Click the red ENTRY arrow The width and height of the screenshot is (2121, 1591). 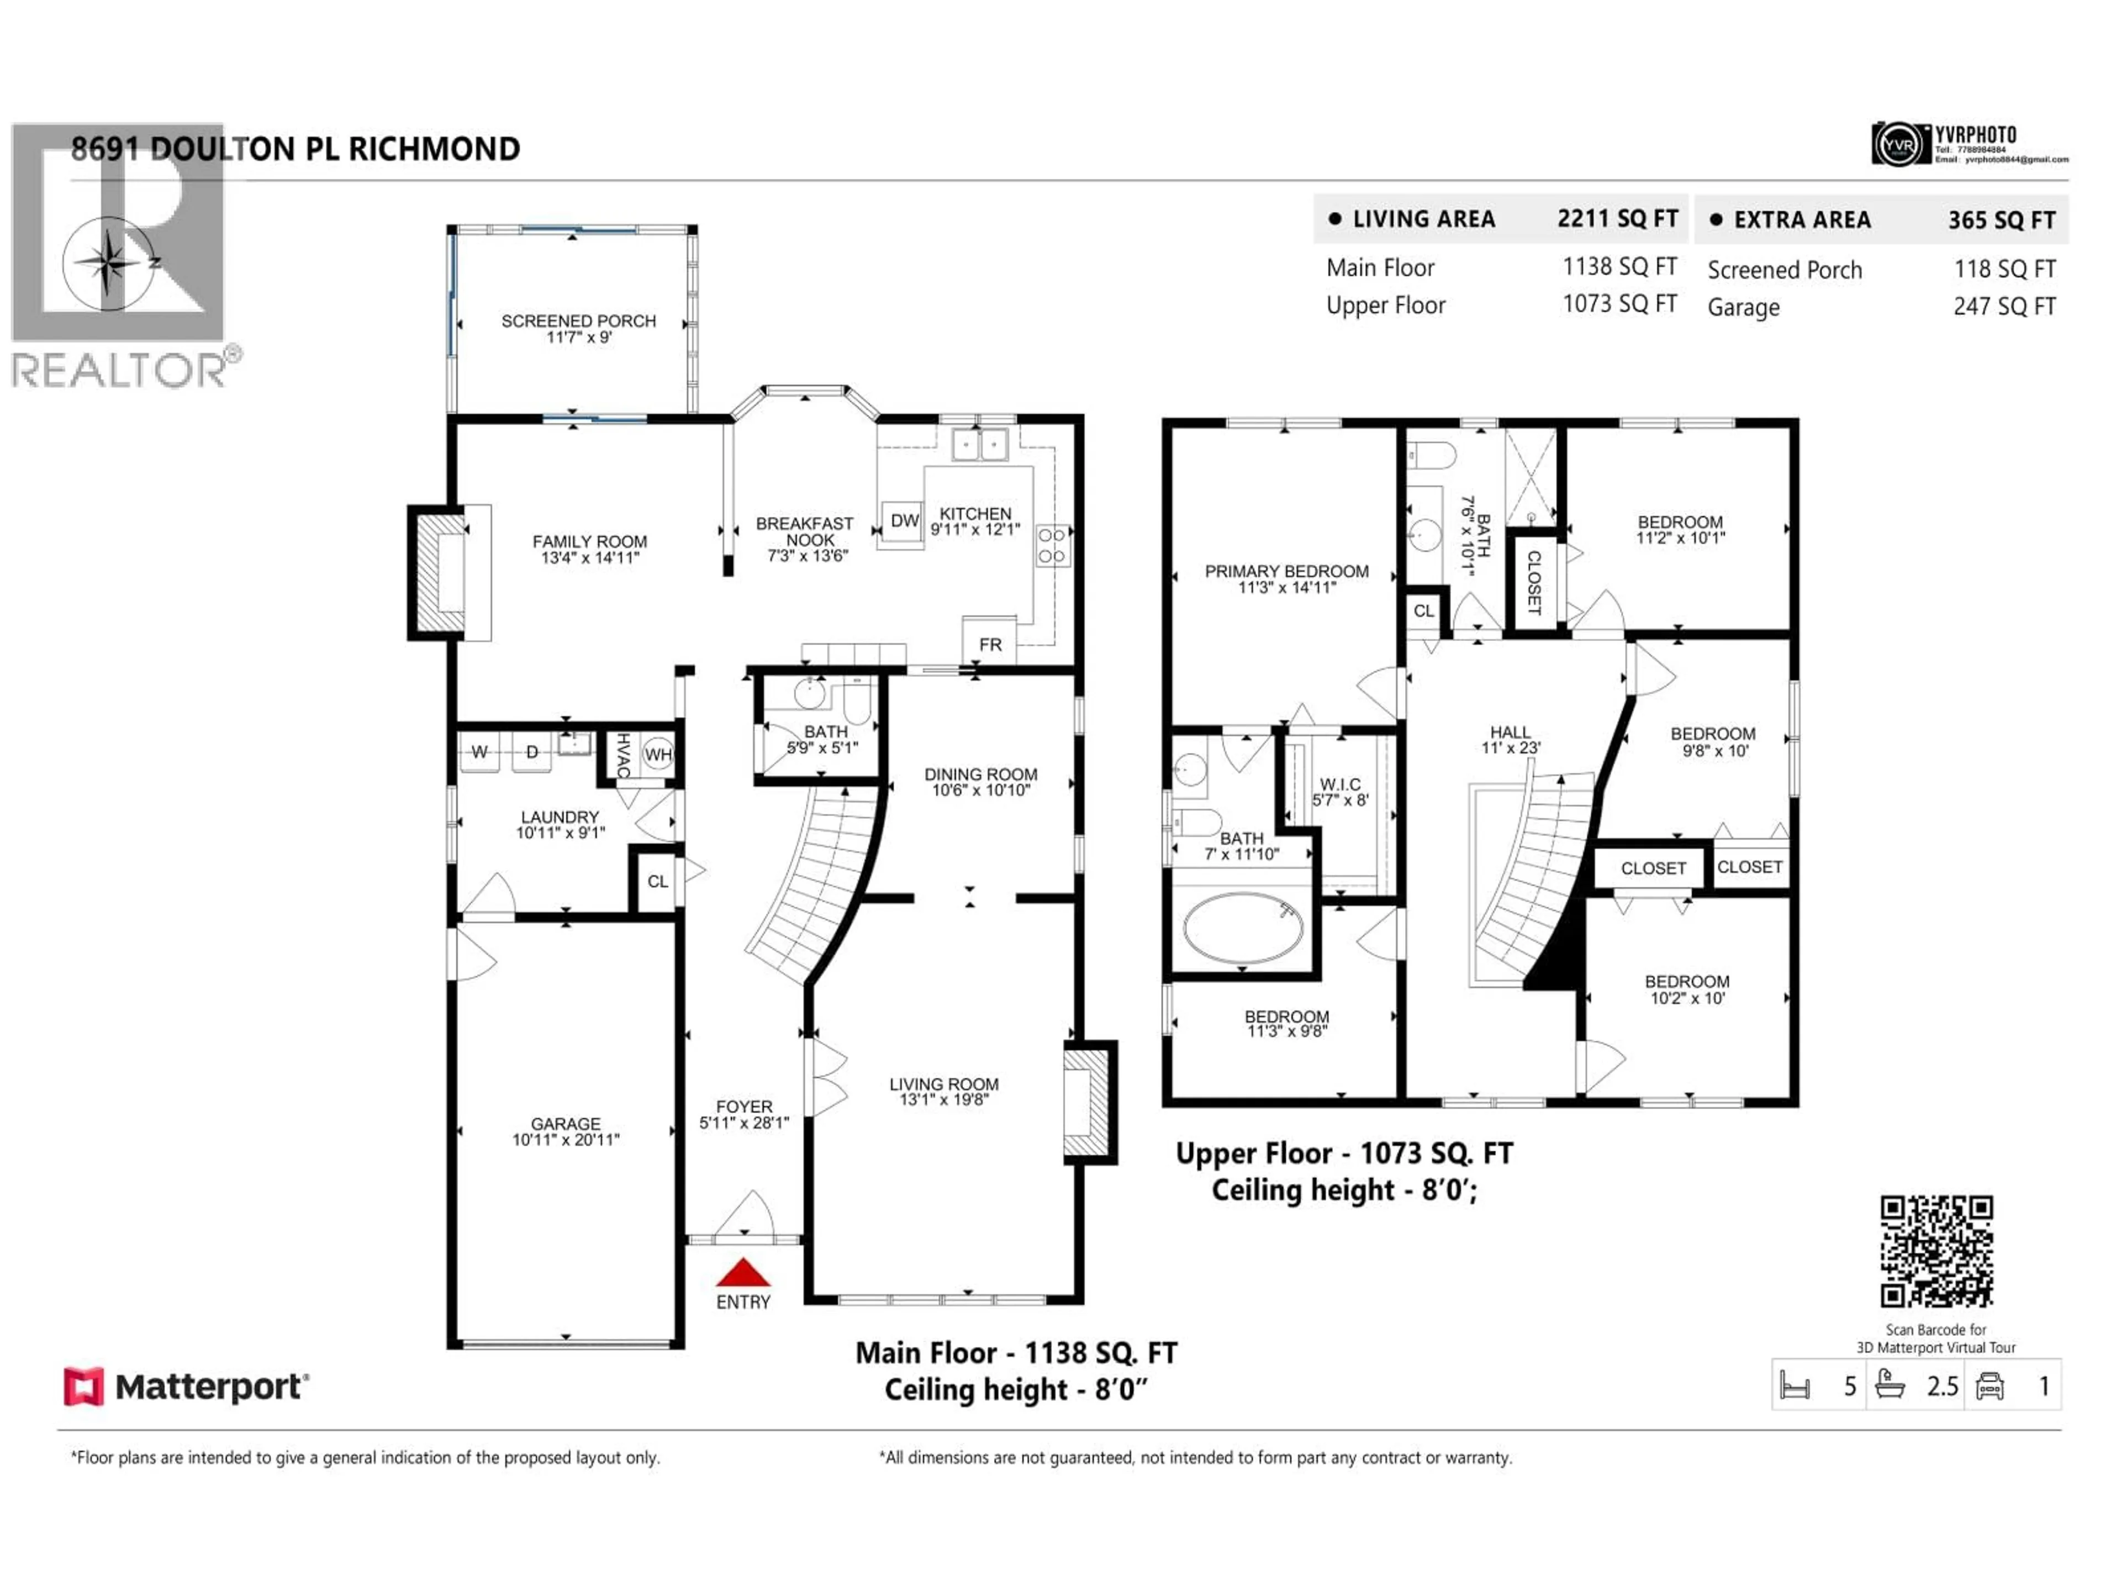[x=743, y=1273]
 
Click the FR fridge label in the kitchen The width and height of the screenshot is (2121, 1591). [x=990, y=645]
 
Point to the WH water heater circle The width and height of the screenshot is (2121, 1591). [x=658, y=754]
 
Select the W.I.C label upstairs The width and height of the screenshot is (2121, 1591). [x=1339, y=784]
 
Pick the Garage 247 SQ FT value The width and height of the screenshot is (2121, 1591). [x=2004, y=307]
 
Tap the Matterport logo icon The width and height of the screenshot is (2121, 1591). [x=83, y=1387]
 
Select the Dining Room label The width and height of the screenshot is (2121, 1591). [x=980, y=774]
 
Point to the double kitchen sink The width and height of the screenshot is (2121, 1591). [x=979, y=445]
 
